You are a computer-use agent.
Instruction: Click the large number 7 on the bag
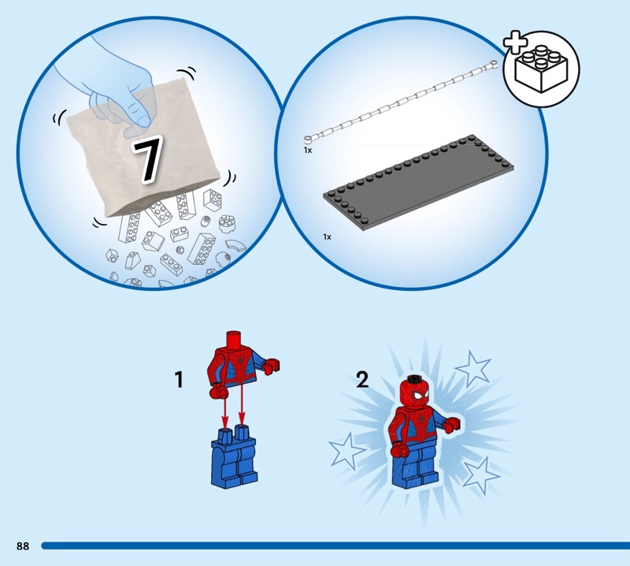148,159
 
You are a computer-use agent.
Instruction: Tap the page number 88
23,546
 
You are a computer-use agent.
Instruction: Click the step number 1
179,380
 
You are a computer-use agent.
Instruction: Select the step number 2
362,379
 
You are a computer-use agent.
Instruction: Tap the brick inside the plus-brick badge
542,69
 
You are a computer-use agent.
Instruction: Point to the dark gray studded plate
418,182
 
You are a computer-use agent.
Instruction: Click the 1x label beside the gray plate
327,237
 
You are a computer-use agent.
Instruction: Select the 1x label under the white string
308,150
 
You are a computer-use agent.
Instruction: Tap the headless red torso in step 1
242,364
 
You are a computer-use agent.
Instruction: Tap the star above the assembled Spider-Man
473,368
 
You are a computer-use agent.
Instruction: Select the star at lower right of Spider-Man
481,475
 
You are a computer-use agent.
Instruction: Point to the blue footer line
335,546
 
